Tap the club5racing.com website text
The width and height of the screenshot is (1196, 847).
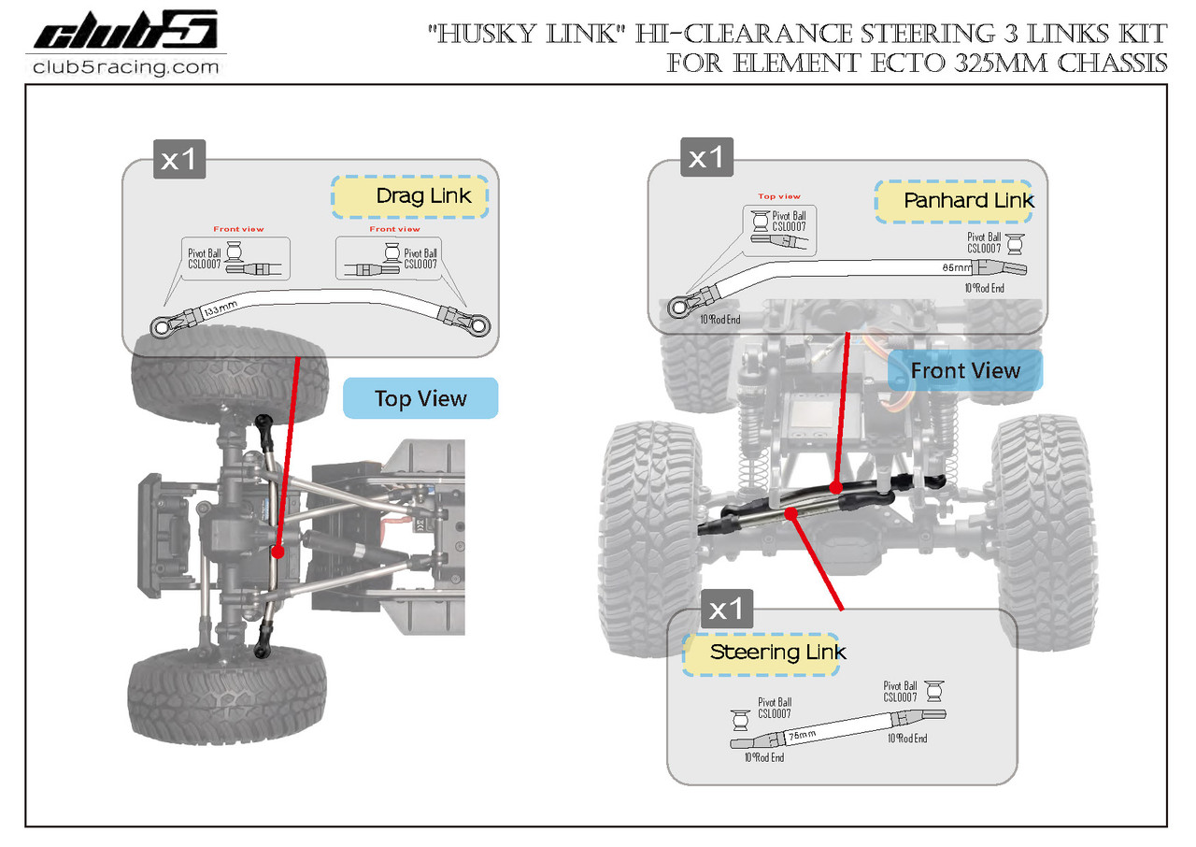[125, 67]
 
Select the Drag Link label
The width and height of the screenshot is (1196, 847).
[423, 196]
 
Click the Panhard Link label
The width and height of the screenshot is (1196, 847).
[968, 201]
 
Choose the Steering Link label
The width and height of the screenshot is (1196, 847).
[777, 652]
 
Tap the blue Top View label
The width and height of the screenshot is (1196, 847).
[420, 398]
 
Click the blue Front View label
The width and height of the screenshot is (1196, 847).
[965, 371]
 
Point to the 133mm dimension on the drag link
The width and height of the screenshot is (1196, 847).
[221, 308]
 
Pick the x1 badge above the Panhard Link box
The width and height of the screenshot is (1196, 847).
[705, 158]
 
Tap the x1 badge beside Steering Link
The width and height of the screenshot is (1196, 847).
[726, 610]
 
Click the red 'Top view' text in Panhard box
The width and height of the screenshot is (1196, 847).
[779, 196]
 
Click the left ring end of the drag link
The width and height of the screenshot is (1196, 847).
[162, 327]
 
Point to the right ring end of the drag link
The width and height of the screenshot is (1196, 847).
[478, 326]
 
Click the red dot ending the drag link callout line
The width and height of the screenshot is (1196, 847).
[278, 553]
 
